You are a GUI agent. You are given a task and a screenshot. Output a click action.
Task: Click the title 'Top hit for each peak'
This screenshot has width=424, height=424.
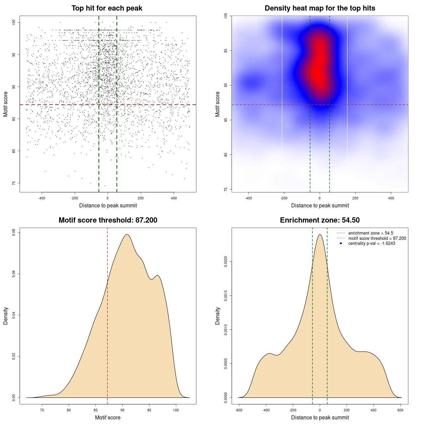pos(107,8)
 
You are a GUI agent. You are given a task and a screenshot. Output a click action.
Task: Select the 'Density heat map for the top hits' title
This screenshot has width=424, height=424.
pos(320,8)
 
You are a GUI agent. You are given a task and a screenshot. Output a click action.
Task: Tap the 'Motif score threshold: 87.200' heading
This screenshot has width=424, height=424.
pos(108,220)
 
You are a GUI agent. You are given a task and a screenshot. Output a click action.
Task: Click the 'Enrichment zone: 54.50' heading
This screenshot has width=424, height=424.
pos(320,220)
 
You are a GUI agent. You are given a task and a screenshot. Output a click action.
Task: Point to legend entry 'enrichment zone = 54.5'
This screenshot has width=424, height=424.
pos(371,233)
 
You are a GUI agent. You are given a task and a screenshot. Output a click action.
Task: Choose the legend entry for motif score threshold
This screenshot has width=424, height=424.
pos(377,238)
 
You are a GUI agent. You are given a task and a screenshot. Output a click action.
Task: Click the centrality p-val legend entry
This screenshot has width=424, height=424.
pos(372,243)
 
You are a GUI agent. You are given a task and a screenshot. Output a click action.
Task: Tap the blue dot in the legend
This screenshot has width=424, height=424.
pos(341,243)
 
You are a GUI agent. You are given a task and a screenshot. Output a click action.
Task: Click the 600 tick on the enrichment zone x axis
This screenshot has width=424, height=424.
pos(400,410)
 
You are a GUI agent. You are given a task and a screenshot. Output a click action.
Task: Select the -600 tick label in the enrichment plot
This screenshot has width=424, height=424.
pos(239,410)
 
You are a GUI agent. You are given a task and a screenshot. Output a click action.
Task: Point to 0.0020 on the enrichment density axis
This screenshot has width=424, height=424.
pos(226,262)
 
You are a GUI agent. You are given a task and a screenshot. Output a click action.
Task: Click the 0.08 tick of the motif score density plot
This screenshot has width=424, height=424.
pos(14,233)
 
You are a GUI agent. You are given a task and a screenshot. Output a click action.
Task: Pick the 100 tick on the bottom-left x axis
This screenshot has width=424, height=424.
pos(176,410)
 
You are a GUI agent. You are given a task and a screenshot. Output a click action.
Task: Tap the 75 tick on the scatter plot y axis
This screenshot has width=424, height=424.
pos(14,183)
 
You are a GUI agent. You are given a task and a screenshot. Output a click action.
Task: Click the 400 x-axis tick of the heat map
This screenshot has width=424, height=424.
pos(391,198)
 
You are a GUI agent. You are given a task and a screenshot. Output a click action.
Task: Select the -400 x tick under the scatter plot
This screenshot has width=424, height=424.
pos(42,198)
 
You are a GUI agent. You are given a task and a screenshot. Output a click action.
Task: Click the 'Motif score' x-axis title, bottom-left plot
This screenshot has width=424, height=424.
pos(108,417)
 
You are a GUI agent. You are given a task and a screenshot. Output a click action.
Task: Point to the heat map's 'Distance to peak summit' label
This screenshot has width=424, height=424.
pos(320,205)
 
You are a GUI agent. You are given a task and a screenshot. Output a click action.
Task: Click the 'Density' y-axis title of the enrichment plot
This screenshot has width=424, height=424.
pos(218,316)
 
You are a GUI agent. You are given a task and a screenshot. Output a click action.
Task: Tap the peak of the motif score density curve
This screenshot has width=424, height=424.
pos(127,235)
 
